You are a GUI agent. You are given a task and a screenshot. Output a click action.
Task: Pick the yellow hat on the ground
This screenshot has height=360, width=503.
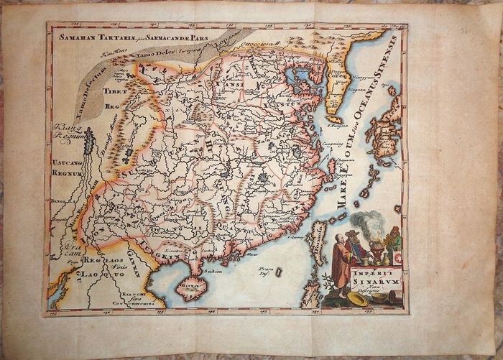click(357, 299)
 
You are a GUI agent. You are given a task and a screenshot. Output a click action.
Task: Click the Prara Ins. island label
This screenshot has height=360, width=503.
click(249, 272)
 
